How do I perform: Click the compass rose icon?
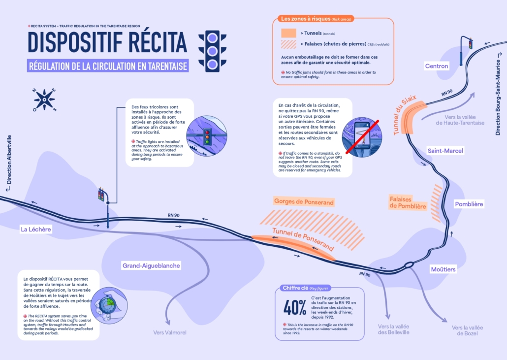tap(45, 99)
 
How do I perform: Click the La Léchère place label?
tap(36, 229)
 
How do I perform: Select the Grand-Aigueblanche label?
tap(151, 266)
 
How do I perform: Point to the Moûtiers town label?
tap(443, 269)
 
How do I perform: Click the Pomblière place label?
tap(469, 204)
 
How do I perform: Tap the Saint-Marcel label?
tap(445, 150)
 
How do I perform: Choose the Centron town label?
tap(437, 66)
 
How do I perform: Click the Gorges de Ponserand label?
tap(304, 202)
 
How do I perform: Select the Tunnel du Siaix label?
tap(405, 115)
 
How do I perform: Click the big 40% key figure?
tap(294, 307)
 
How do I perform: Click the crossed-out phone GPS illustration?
tap(362, 136)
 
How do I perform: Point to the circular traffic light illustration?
tap(207, 136)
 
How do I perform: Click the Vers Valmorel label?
tap(170, 332)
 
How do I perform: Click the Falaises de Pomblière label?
tap(408, 202)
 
